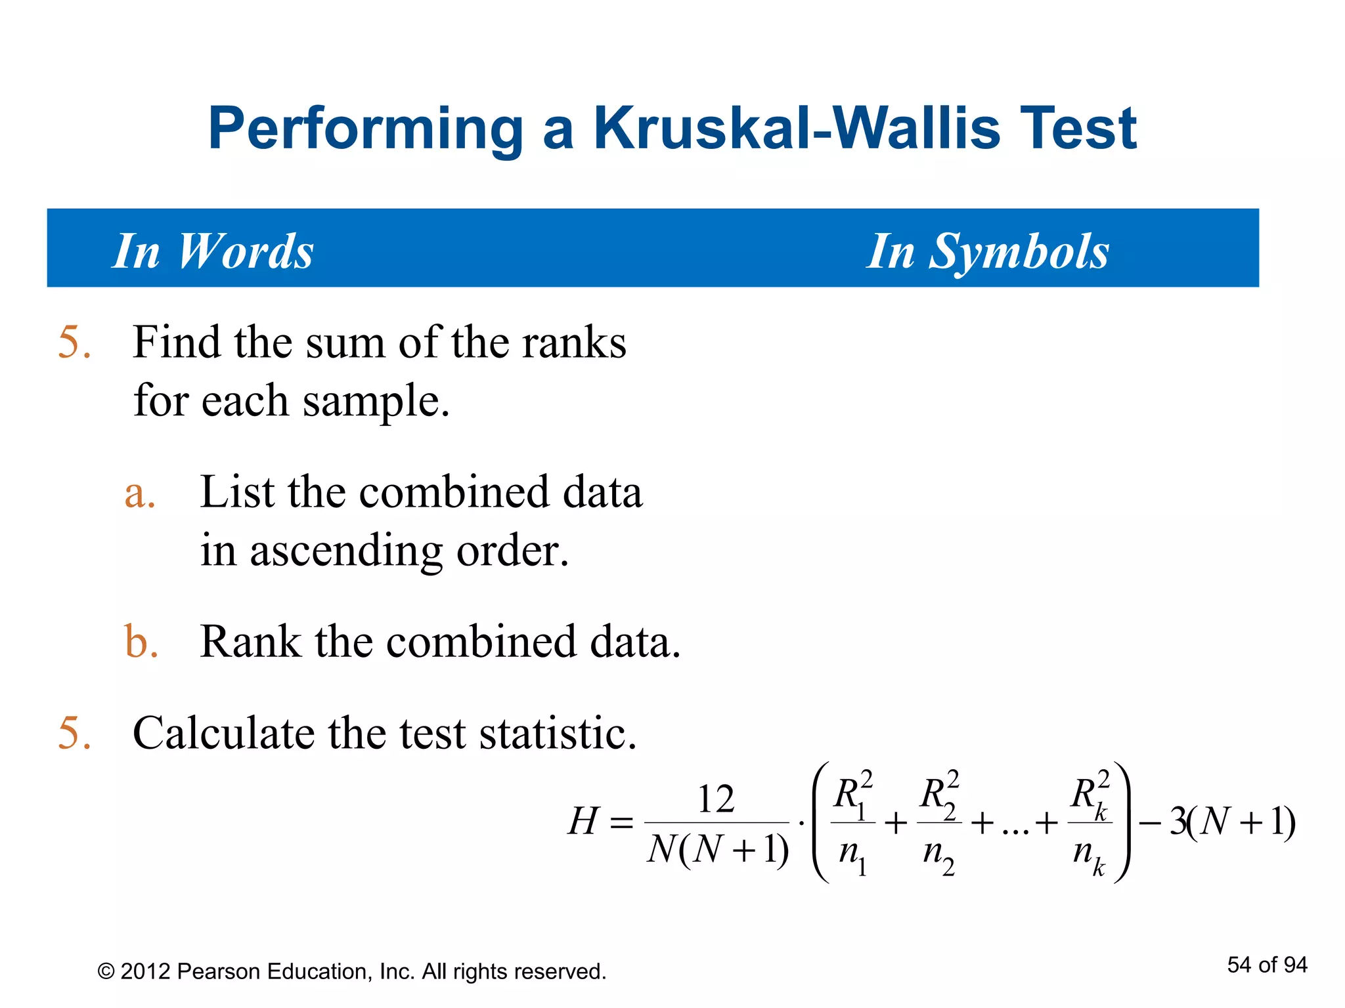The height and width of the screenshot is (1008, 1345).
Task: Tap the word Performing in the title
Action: pos(365,129)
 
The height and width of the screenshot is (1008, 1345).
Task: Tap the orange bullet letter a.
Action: pos(140,493)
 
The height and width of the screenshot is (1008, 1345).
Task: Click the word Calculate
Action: pos(223,733)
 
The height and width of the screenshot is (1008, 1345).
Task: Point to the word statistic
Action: pos(558,733)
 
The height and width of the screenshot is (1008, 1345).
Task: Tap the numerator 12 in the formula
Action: pos(716,799)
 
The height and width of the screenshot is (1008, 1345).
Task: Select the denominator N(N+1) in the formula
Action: pos(717,850)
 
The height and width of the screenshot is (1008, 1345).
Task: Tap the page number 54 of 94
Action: pos(1266,965)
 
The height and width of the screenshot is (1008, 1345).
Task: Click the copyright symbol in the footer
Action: pos(106,972)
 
